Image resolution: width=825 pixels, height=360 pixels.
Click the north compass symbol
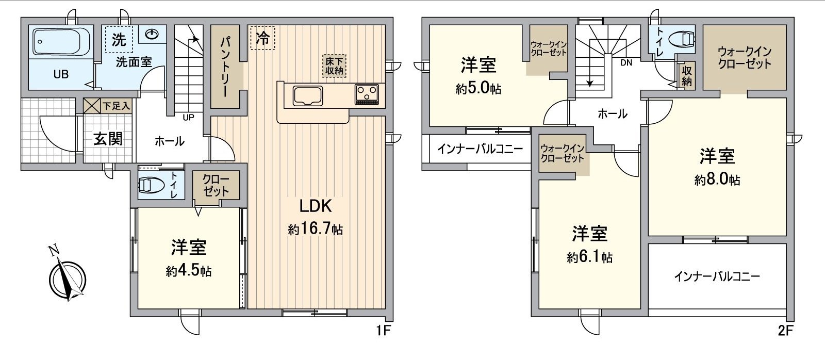[68, 279]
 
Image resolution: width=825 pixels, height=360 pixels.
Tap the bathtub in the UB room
[62, 41]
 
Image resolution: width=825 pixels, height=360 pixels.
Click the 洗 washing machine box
[119, 40]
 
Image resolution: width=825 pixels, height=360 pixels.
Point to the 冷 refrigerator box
[263, 37]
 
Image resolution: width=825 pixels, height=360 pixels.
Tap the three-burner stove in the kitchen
[367, 94]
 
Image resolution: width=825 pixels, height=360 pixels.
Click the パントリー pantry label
[226, 67]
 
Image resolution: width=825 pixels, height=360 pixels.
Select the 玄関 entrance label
[108, 138]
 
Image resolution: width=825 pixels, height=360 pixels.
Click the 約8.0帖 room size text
[717, 180]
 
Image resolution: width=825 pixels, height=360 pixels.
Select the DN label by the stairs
[626, 63]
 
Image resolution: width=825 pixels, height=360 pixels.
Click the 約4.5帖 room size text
[189, 270]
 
